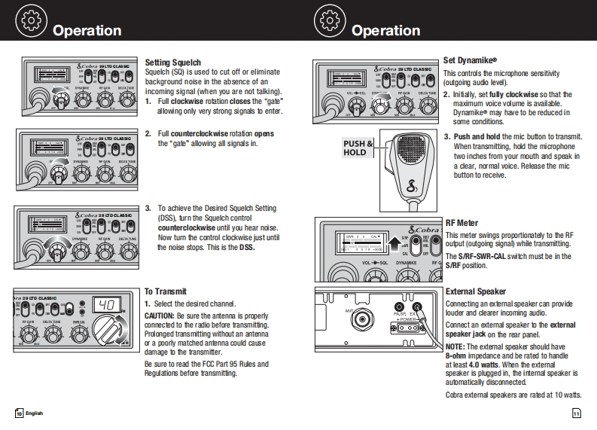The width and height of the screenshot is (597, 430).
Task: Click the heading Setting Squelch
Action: pos(172,62)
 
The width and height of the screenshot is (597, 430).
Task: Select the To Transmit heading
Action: pos(166,291)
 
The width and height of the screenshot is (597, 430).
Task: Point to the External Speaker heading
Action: pos(476,291)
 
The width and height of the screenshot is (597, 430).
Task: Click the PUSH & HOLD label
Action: pos(358,148)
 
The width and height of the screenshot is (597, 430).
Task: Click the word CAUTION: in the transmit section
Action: pos(159,316)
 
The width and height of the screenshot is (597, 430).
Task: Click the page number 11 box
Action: pos(576,413)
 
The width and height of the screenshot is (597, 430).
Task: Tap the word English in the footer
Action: pos(35,413)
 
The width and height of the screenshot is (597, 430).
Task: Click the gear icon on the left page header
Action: pos(30,20)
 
